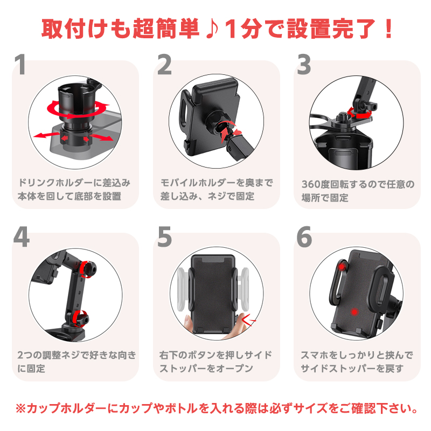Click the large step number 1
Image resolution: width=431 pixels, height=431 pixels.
tap(20, 65)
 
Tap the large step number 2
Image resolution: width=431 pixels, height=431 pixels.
tap(164, 65)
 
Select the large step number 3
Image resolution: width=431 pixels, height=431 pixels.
tap(304, 65)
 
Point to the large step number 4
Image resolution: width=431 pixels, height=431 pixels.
tap(21, 237)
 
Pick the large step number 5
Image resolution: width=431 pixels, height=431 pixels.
tap(164, 237)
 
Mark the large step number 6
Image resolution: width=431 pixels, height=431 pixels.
tap(304, 237)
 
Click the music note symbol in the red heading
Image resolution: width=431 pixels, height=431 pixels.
tap(212, 29)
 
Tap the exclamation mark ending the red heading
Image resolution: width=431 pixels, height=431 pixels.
tap(388, 29)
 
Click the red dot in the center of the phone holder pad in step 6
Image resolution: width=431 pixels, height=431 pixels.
tap(354, 312)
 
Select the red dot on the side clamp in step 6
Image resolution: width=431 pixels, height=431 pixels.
tap(342, 266)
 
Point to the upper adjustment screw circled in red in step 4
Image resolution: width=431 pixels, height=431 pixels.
tap(87, 269)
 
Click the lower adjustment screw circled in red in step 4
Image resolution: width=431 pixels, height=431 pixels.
tap(80, 319)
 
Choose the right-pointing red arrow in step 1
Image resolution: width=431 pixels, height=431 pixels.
tap(101, 137)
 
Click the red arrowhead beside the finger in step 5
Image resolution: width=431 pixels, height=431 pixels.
tap(248, 319)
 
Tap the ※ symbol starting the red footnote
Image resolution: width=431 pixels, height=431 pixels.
tap(20, 408)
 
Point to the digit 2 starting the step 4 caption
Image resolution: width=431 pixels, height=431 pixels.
tap(20, 355)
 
